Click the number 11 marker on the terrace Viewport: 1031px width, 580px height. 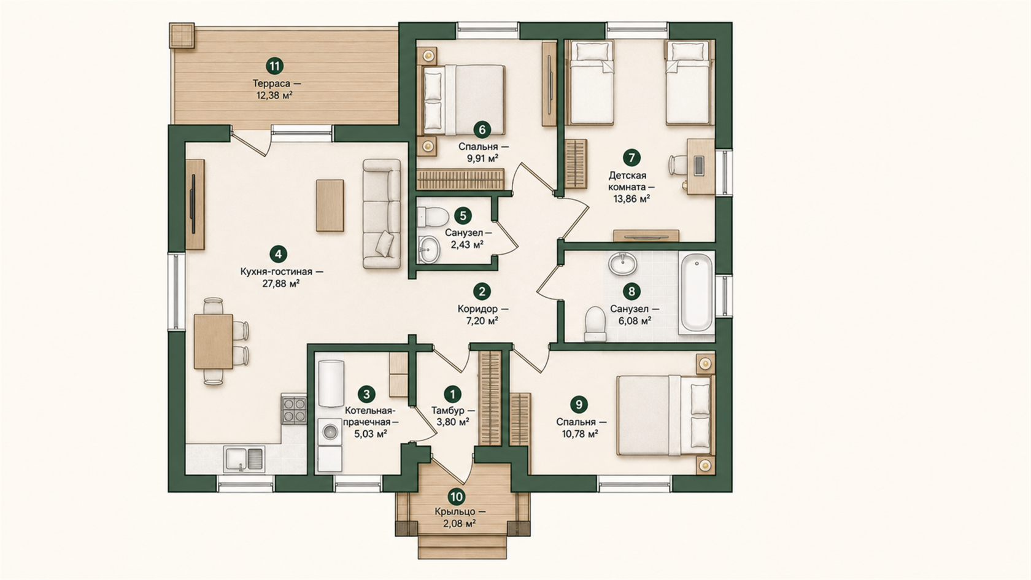(274, 66)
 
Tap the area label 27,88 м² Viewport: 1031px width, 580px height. (281, 284)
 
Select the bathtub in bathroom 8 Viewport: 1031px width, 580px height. (697, 293)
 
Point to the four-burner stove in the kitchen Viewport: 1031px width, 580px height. (293, 409)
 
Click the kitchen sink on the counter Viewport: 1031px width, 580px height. (244, 459)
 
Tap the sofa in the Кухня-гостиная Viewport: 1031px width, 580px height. (382, 214)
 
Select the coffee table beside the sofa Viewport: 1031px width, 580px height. (330, 205)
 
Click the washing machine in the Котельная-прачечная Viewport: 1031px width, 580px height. (330, 432)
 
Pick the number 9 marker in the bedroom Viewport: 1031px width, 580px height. (579, 404)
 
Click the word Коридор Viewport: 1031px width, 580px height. (477, 309)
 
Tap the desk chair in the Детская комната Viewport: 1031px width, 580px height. (678, 165)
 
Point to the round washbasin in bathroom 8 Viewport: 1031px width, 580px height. (622, 264)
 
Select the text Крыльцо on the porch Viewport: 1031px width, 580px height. (454, 511)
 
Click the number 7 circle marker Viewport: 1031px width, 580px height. (631, 158)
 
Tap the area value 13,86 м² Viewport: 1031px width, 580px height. (631, 199)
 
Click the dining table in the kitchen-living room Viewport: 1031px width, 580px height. (213, 341)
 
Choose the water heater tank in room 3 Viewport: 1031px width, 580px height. (331, 384)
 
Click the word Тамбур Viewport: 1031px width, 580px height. (447, 410)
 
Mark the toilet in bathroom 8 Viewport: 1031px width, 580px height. (595, 324)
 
